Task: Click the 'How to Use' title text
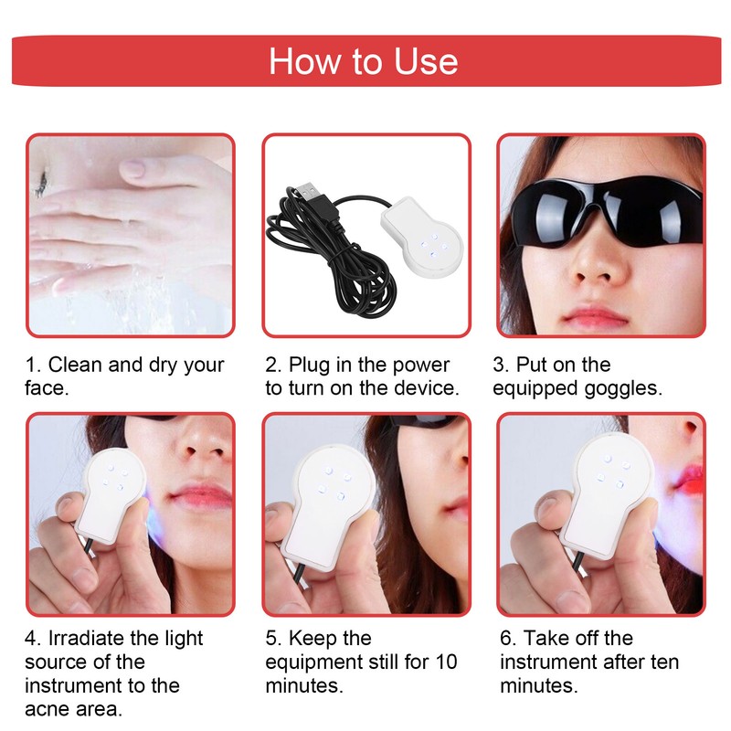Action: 364,61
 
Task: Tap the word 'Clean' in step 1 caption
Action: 75,365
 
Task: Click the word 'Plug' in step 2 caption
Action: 308,365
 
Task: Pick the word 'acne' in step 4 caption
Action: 47,709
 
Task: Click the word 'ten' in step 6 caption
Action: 662,662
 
